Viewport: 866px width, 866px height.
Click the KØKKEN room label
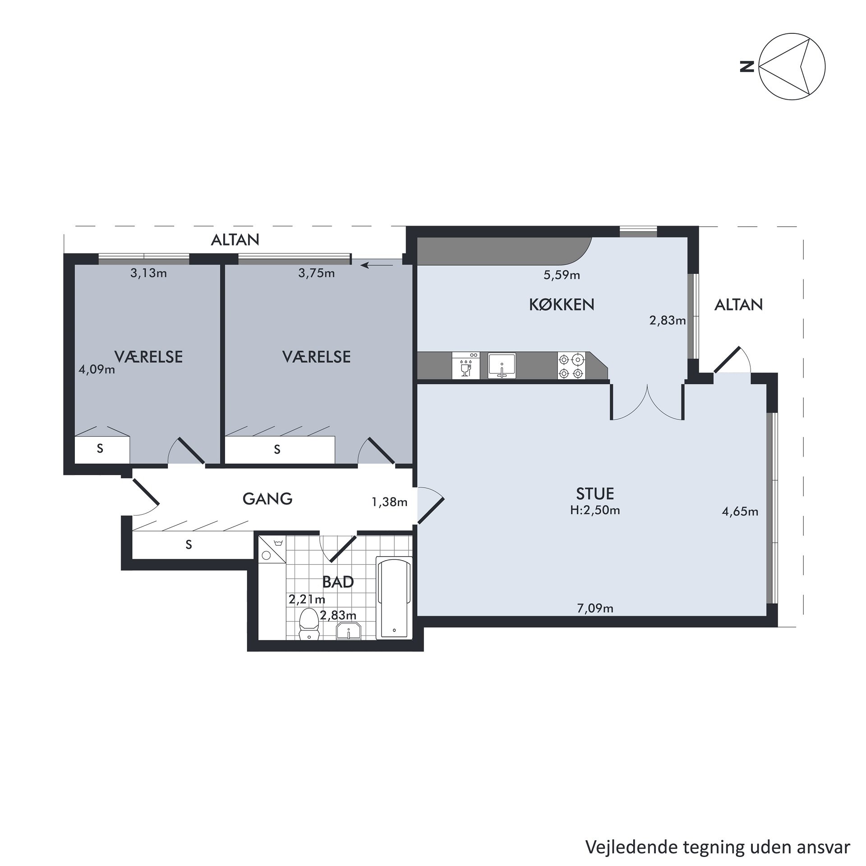click(562, 304)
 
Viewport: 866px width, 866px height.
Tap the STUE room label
click(595, 494)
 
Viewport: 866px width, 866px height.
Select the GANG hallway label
click(267, 498)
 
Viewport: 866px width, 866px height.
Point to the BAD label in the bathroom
click(338, 582)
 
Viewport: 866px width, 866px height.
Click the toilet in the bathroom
click(309, 624)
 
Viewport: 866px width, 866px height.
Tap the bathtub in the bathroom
click(394, 598)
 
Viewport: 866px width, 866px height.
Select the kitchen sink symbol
click(502, 366)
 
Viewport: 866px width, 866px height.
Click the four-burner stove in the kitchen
click(571, 366)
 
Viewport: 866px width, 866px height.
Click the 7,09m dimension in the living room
click(595, 608)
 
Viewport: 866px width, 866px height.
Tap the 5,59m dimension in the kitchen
click(562, 275)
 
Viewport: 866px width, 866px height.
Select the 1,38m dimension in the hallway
click(389, 502)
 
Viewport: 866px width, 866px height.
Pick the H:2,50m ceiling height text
click(595, 510)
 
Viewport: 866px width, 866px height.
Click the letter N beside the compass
click(747, 67)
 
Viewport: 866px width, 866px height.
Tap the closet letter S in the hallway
click(189, 545)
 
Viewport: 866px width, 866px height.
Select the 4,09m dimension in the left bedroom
click(97, 370)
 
